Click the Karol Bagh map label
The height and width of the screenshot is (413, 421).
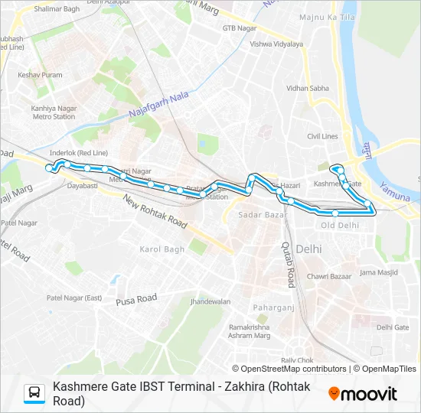[162, 249]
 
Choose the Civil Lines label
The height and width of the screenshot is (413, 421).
[322, 136]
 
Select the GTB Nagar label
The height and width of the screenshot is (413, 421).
[237, 28]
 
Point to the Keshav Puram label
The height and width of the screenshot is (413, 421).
[41, 75]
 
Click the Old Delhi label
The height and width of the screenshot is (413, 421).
[340, 225]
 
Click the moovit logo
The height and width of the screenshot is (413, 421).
[363, 394]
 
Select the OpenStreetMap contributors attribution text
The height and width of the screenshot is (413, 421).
[294, 369]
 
